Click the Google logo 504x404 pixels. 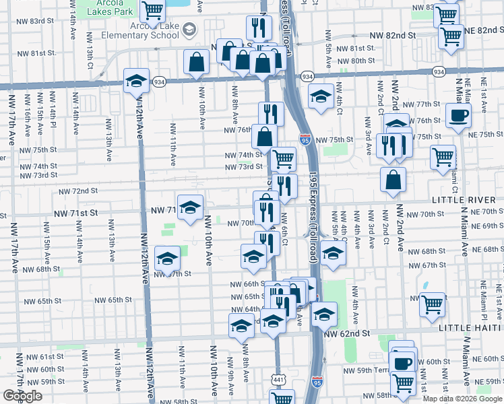tap(22, 396)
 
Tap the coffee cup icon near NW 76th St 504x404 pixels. tap(458, 114)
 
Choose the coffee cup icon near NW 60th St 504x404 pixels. tap(403, 363)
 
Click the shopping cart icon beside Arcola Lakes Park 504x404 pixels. tap(154, 9)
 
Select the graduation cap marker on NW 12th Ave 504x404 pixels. tap(137, 81)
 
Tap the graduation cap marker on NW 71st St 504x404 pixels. tap(190, 206)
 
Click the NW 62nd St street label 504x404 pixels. tap(347, 333)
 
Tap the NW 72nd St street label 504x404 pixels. tap(86, 191)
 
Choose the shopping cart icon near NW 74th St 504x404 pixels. tap(284, 159)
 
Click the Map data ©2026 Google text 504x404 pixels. tap(462, 399)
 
